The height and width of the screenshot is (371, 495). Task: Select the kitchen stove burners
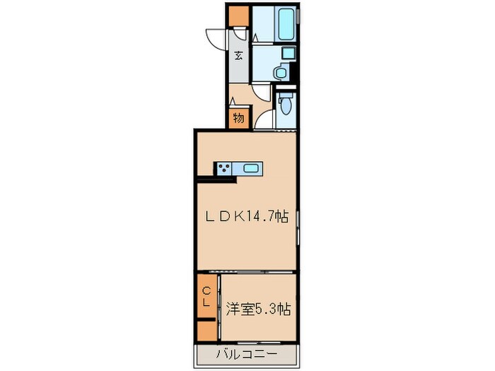(225, 168)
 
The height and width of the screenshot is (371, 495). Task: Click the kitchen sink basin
(251, 168)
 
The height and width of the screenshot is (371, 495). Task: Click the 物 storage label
(238, 118)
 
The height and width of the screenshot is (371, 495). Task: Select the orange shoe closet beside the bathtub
(239, 16)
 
